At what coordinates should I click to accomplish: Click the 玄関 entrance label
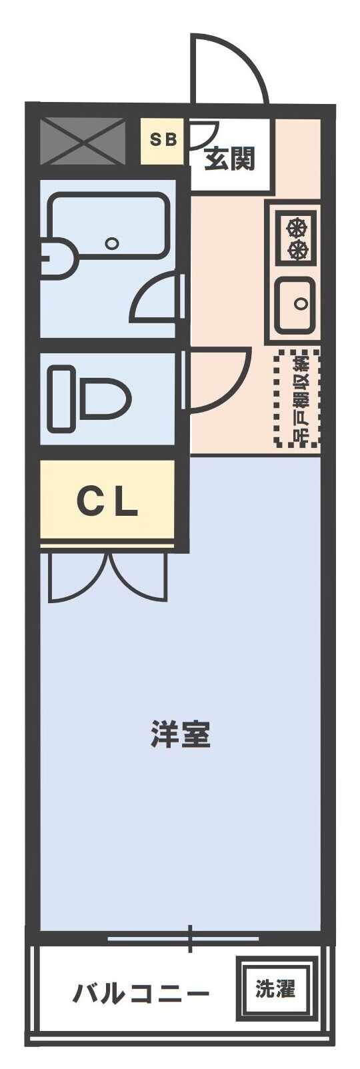click(x=229, y=159)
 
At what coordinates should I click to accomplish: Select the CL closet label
click(x=107, y=501)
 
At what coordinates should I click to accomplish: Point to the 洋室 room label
click(x=181, y=734)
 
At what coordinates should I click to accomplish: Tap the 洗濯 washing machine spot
click(x=275, y=988)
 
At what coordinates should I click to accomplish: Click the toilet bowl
click(x=104, y=399)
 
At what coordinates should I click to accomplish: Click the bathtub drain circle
click(x=113, y=243)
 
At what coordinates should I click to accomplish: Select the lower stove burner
click(x=297, y=250)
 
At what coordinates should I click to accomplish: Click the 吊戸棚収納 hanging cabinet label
click(x=298, y=399)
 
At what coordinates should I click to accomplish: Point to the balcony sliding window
click(x=183, y=939)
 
